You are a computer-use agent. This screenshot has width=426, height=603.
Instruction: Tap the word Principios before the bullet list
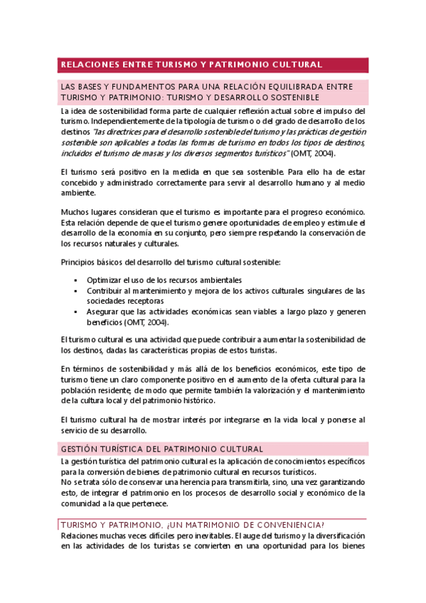point(81,262)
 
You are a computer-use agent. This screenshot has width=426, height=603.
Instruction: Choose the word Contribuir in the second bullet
point(107,290)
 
